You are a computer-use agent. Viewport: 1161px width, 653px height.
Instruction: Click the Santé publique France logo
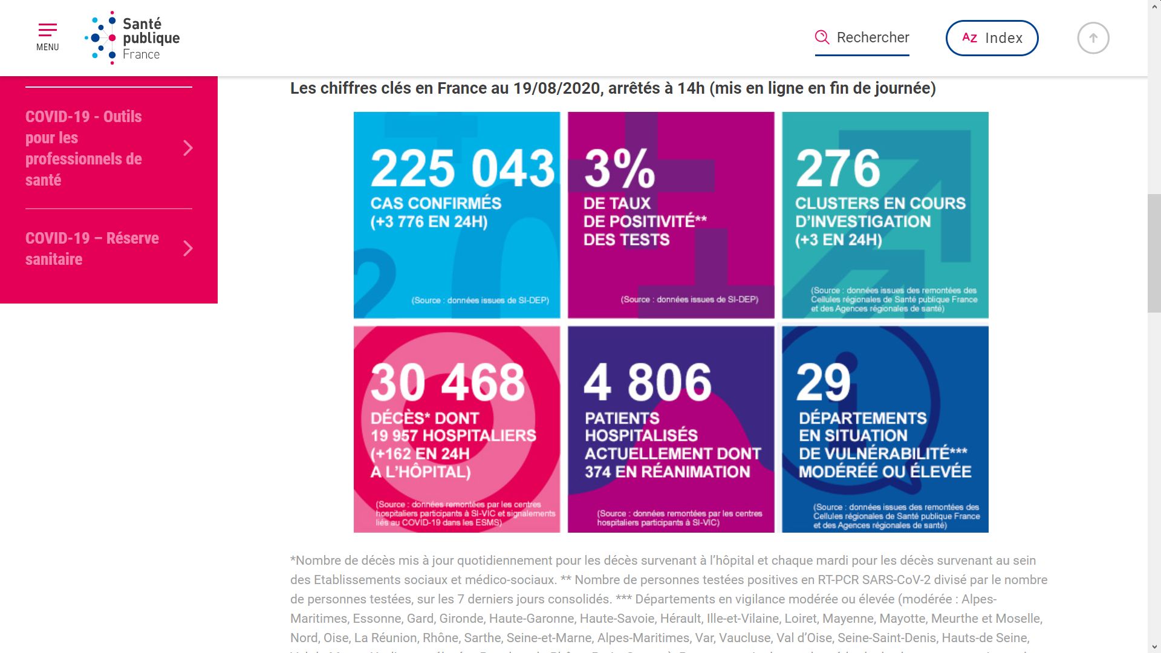point(132,37)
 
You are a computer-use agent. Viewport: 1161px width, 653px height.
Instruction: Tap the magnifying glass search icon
point(822,37)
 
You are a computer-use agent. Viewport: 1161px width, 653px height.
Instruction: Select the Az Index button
point(992,38)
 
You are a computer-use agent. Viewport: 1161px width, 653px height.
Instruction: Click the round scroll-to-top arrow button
point(1093,38)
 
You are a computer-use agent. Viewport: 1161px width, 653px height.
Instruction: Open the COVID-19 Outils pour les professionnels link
point(84,148)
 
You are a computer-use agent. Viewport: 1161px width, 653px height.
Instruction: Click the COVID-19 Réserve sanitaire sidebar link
point(92,249)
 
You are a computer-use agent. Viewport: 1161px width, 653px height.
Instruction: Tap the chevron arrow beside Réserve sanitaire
point(188,249)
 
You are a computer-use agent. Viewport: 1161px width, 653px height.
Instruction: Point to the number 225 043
point(462,168)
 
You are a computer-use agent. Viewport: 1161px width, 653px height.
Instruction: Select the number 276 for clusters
point(838,168)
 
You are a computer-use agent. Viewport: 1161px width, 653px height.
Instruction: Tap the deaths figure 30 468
point(447,382)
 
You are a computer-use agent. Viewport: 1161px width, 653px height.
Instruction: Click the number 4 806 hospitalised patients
point(648,382)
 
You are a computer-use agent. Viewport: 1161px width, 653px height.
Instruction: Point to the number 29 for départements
point(823,382)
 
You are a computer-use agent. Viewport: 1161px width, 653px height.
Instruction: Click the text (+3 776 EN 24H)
point(429,222)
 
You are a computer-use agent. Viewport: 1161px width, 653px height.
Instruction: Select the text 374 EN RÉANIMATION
point(667,472)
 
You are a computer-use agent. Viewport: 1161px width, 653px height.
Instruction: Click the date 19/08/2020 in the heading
point(556,88)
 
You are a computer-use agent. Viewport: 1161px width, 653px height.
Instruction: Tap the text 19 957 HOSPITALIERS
point(453,435)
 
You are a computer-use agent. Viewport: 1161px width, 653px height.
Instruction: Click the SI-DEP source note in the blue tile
point(480,301)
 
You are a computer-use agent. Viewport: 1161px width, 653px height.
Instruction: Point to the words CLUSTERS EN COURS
point(880,203)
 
